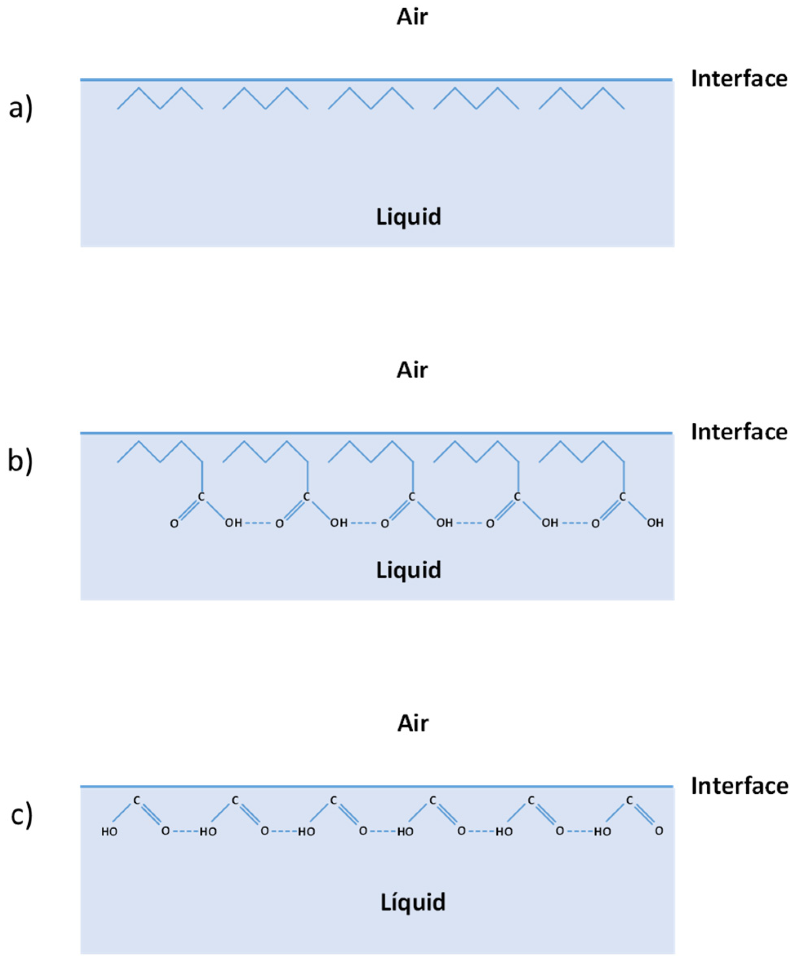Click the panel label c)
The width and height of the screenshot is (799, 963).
pos(22,815)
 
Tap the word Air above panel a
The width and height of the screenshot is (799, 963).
pos(412,17)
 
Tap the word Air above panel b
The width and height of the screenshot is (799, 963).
pos(412,370)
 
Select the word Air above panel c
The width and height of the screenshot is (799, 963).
pos(413,723)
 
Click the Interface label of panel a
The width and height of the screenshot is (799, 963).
pos(739,79)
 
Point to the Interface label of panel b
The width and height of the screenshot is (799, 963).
pos(739,432)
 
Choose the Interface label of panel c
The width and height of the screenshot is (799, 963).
pos(739,786)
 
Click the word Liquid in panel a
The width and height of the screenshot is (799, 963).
pos(408,217)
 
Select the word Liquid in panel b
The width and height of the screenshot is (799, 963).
pos(408,570)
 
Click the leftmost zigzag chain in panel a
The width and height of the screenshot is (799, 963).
pos(160,98)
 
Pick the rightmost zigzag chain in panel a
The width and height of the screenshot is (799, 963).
pos(581,98)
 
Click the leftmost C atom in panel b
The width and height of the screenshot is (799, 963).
pos(201,497)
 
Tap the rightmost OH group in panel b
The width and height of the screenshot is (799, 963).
pos(655,523)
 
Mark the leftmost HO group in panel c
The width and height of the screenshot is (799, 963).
pos(109,831)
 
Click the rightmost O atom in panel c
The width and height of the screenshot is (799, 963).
pos(659,830)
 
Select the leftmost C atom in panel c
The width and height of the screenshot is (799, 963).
pos(137,801)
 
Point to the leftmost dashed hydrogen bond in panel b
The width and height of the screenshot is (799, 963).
pos(258,523)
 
